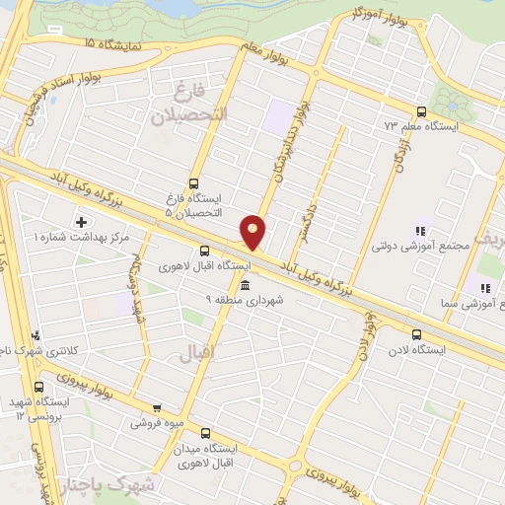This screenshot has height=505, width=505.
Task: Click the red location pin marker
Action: (253, 232)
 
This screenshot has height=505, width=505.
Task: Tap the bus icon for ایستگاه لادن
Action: (418, 334)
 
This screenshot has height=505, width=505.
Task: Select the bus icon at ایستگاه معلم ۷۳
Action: (422, 111)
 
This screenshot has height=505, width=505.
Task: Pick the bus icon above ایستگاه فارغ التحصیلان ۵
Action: (193, 182)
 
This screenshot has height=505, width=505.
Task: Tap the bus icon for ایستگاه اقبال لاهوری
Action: (204, 251)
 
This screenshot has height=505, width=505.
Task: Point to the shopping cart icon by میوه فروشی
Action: (157, 407)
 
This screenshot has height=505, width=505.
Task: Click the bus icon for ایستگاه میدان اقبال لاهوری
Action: (205, 433)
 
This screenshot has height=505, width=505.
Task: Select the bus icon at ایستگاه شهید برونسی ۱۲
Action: (39, 387)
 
